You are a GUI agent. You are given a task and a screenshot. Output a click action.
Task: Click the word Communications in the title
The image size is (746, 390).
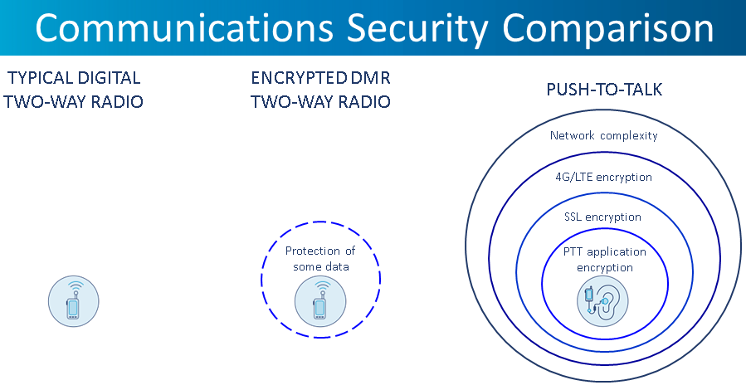pyautogui.click(x=184, y=27)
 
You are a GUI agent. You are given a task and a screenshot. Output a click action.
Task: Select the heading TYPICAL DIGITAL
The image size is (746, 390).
pyautogui.click(x=74, y=78)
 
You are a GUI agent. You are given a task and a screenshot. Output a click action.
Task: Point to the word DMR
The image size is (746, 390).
pyautogui.click(x=370, y=78)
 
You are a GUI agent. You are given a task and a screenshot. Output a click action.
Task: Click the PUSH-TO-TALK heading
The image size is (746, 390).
pyautogui.click(x=604, y=90)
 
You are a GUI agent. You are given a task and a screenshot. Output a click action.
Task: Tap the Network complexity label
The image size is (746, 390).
pyautogui.click(x=604, y=135)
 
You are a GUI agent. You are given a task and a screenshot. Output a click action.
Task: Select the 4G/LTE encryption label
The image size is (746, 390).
pyautogui.click(x=603, y=177)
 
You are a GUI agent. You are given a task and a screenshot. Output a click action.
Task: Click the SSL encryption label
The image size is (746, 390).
pyautogui.click(x=602, y=217)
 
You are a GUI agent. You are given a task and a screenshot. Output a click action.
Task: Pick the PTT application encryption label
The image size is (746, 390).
pyautogui.click(x=605, y=260)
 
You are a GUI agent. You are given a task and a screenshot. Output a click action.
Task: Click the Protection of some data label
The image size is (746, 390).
pyautogui.click(x=320, y=258)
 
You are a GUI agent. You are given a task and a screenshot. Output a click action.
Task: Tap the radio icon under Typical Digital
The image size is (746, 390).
pyautogui.click(x=74, y=301)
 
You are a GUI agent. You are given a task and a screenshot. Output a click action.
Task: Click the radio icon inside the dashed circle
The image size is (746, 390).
pyautogui.click(x=320, y=301)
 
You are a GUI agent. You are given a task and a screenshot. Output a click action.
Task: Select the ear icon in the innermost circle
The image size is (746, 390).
pyautogui.click(x=602, y=301)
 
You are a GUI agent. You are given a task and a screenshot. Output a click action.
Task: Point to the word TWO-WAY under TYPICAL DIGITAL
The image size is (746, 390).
pyautogui.click(x=41, y=102)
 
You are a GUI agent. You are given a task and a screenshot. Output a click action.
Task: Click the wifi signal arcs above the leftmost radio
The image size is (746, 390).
pyautogui.click(x=76, y=286)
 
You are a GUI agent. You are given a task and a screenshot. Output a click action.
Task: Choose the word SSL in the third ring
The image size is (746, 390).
pyautogui.click(x=573, y=217)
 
